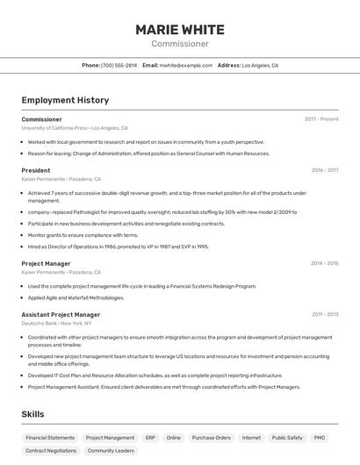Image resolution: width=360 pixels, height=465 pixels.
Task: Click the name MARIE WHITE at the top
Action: coord(180,30)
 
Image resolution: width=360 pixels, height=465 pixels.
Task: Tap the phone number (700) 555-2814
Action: coord(119,66)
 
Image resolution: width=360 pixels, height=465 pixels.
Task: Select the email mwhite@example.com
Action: coord(185,66)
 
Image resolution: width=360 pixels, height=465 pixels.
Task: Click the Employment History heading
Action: coord(65,100)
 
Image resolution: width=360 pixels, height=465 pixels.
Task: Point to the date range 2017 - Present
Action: coord(321,119)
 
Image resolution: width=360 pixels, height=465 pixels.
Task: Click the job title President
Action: coord(36,170)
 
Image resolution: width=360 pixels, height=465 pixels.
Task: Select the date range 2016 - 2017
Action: coord(324,170)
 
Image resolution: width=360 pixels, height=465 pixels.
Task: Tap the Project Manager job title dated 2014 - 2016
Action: coord(46,263)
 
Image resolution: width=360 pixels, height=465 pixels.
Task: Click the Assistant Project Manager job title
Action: coord(61,314)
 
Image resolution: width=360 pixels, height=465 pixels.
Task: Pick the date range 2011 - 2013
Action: coord(325,314)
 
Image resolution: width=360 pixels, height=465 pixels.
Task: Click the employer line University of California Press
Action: coord(75,128)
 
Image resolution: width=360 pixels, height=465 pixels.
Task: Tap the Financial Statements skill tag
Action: coord(50,437)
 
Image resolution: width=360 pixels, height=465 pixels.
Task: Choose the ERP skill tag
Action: coord(150,437)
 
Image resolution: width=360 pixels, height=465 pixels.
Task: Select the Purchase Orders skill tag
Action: coord(211,437)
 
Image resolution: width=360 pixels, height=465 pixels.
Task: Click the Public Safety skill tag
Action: coord(287,437)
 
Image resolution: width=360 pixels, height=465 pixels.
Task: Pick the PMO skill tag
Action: coord(320,437)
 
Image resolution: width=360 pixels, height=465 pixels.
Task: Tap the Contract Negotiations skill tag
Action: coord(50,451)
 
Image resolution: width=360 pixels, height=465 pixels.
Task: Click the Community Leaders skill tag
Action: coord(111,451)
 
